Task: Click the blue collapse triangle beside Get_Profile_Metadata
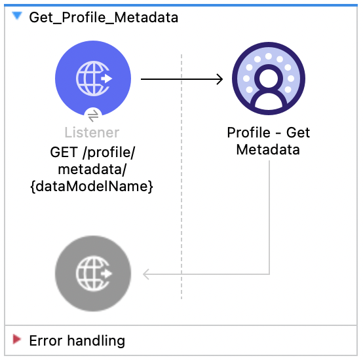16,17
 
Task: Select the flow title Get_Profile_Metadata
104,18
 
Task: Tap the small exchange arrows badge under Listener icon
93,115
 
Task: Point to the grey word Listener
93,133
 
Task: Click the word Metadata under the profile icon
268,150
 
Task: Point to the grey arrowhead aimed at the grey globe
147,274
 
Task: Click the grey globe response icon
93,274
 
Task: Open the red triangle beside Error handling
17,340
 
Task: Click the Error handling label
77,340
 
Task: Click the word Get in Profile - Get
298,133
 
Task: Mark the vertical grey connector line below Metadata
270,216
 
